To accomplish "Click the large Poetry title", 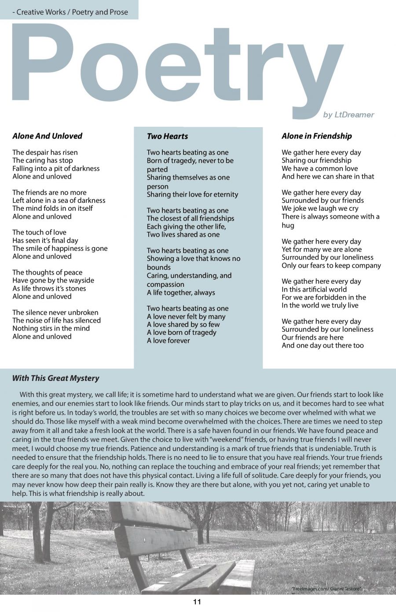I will pos(176,66).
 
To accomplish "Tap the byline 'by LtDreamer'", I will pos(348,115).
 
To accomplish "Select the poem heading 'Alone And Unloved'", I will pos(47,136).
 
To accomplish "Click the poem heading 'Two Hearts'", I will pos(167,136).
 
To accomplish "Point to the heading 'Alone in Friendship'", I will pos(317,136).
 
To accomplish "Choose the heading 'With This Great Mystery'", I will pos(55,378).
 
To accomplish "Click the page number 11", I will pos(197,602).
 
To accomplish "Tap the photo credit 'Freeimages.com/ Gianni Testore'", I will pos(326,589).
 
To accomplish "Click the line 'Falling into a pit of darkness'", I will pos(56,169).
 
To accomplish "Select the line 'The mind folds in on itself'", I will pos(52,208).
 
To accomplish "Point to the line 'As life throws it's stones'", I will pos(49,289).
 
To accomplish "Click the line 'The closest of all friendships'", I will pos(191,219).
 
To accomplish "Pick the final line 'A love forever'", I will pos(169,341).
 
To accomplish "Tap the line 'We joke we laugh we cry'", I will pos(320,209).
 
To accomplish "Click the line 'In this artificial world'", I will pos(314,290).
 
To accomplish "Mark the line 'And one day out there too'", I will pos(323,345).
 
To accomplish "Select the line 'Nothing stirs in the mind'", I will pos(51,328).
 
